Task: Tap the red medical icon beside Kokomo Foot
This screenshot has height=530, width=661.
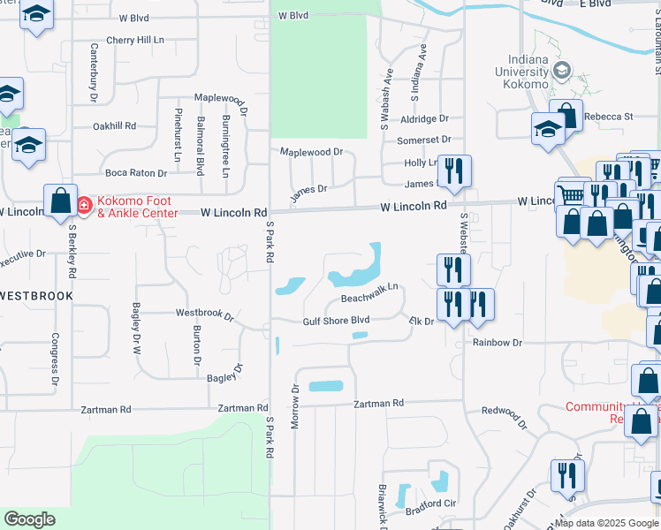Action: [x=84, y=206]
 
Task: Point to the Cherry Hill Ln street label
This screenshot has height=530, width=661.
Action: [x=135, y=40]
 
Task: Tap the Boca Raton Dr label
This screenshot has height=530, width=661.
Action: [x=135, y=173]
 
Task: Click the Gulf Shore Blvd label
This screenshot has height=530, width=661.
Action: [x=336, y=322]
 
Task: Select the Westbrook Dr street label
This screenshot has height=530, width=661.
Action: [x=204, y=314]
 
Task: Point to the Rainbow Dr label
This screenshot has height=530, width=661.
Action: [x=498, y=342]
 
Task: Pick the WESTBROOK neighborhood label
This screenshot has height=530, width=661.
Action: [x=36, y=295]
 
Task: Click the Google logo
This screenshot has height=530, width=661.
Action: [x=29, y=519]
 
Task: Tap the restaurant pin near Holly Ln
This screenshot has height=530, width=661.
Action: [x=454, y=170]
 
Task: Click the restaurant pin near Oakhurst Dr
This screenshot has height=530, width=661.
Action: [x=566, y=474]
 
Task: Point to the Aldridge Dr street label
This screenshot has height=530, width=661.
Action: [x=424, y=118]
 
